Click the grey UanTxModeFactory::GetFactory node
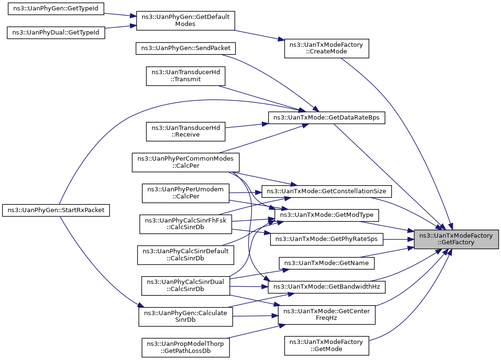coord(456,239)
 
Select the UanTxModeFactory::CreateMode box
coord(326,49)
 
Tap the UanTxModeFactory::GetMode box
coord(326,345)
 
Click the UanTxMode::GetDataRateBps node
coord(326,118)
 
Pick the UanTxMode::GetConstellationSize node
coord(326,191)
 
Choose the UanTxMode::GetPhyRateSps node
coord(326,239)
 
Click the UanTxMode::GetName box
coord(327,263)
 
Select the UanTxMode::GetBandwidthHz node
coord(326,286)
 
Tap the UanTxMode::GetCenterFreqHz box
coord(326,315)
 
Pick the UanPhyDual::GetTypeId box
coord(55,33)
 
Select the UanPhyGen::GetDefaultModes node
coord(185,21)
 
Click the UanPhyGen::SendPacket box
coord(186,49)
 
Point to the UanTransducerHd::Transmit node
coord(186,76)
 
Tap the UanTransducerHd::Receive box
coord(186,131)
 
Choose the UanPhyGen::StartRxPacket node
coord(56,210)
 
